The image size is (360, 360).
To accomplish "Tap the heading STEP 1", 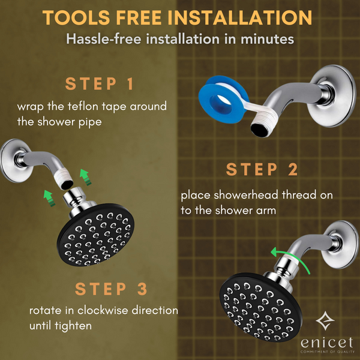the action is [x=100, y=84].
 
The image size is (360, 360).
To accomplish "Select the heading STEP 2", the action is [x=262, y=169].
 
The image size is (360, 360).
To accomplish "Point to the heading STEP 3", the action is [x=111, y=289].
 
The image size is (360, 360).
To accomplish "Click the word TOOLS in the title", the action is [x=76, y=17].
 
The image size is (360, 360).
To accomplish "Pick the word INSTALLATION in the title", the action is [x=240, y=17].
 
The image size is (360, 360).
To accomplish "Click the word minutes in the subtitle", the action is [x=267, y=39].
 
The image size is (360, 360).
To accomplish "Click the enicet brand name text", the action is [x=327, y=343].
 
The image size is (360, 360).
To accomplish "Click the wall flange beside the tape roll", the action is [x=331, y=96].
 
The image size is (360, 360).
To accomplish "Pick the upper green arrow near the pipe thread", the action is [x=85, y=177].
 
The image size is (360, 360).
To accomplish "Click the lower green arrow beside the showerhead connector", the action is [x=49, y=198].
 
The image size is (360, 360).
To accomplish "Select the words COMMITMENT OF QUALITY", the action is [x=328, y=352].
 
